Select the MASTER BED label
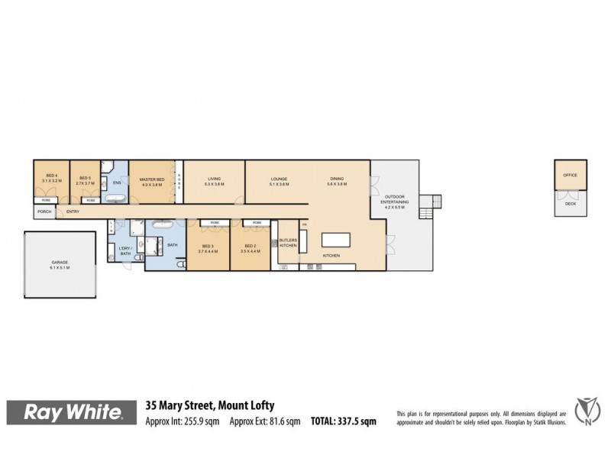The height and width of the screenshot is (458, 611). (x=153, y=180)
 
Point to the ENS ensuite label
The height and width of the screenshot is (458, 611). (x=117, y=183)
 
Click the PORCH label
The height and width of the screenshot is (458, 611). (x=44, y=211)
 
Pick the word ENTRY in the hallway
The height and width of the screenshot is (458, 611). (x=73, y=211)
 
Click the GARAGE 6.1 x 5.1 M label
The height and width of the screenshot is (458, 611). (x=60, y=265)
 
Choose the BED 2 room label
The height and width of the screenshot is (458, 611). (x=250, y=248)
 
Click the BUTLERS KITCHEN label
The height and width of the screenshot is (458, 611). (x=287, y=244)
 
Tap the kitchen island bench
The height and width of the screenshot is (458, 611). (x=335, y=240)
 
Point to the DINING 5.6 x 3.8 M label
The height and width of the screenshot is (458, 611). (x=337, y=180)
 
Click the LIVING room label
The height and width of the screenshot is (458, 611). (x=214, y=180)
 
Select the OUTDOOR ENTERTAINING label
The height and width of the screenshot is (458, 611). (x=396, y=202)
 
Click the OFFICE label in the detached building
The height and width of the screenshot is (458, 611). (x=571, y=176)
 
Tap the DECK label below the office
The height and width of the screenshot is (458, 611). (x=571, y=204)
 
